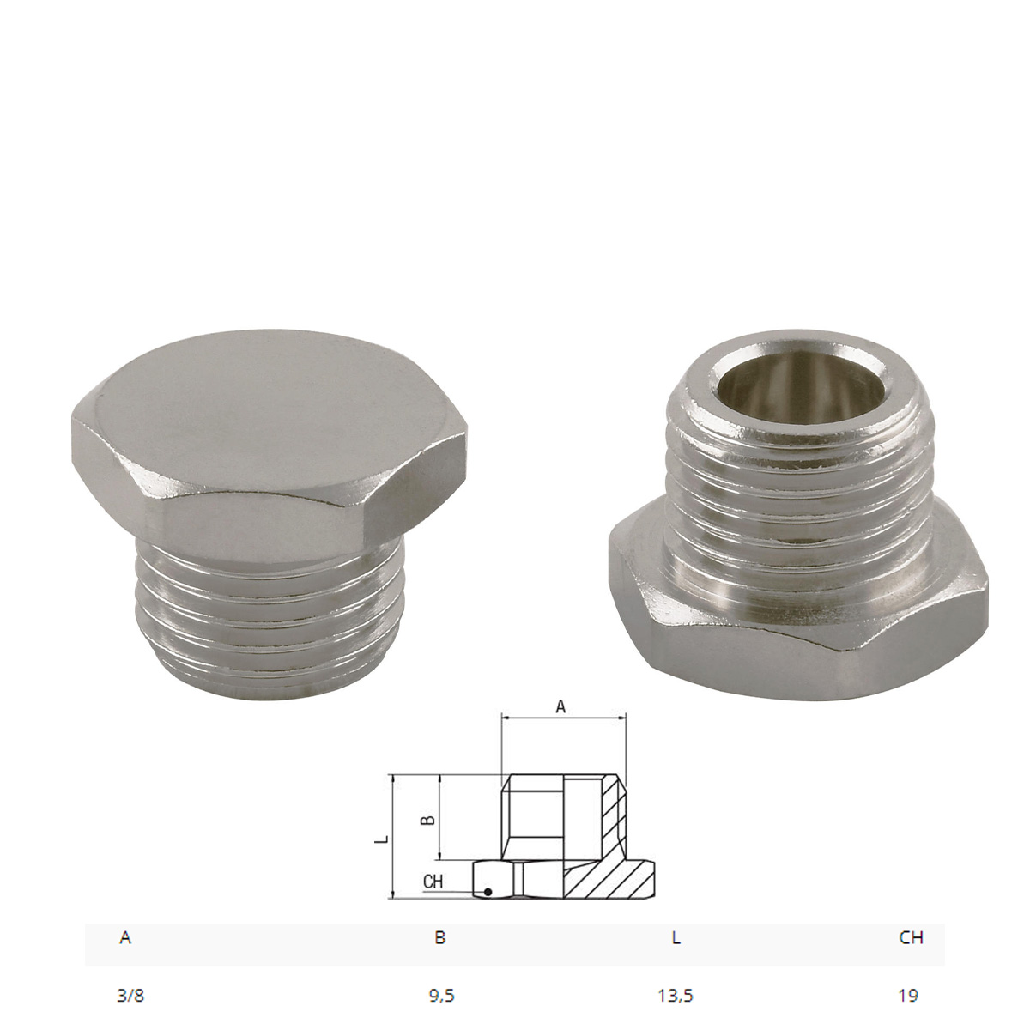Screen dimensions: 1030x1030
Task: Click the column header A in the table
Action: coord(125,938)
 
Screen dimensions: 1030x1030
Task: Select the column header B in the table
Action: coord(439,938)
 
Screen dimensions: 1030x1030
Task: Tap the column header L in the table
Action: coord(676,938)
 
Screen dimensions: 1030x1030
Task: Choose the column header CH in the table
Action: coord(911,938)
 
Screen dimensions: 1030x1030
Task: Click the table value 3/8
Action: coord(125,996)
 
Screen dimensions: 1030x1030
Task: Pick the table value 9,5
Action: coord(441,996)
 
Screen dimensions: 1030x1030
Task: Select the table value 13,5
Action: coord(676,996)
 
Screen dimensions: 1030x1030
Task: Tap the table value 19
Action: coord(909,996)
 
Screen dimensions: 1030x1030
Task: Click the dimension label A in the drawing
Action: coord(561,706)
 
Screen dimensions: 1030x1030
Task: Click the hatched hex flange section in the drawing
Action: coord(614,879)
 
